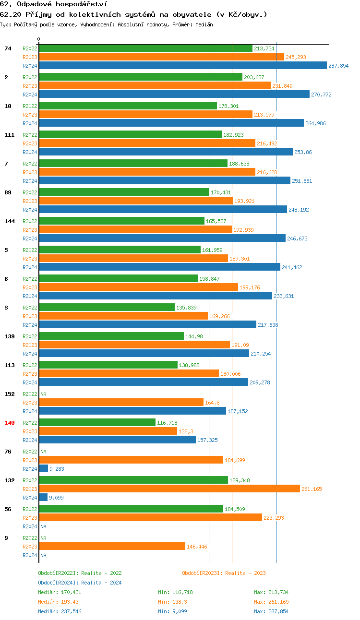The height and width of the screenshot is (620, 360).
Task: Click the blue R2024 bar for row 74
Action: [x=182, y=66]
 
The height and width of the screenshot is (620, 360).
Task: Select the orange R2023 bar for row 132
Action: [x=169, y=489]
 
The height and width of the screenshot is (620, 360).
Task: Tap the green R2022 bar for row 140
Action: [x=97, y=423]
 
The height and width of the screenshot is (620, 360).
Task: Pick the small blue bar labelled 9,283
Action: [x=43, y=469]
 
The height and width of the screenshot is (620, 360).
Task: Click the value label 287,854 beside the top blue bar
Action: [x=338, y=66]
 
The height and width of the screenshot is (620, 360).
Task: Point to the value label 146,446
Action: [x=197, y=547]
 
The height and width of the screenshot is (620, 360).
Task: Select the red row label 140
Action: [x=9, y=423]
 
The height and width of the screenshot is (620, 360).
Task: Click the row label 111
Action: [x=9, y=135]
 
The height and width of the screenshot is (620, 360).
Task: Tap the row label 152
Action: [x=9, y=394]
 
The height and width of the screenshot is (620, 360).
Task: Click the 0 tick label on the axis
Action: [x=39, y=39]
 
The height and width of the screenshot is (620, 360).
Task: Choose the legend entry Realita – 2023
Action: [x=224, y=573]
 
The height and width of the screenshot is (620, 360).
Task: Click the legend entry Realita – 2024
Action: [x=80, y=583]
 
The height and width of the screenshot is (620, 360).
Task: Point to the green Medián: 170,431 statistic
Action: [x=60, y=592]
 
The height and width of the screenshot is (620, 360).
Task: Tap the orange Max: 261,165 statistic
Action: [x=271, y=602]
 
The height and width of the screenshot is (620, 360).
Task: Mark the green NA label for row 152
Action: [x=43, y=394]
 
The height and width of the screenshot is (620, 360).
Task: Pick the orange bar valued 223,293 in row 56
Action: [x=150, y=518]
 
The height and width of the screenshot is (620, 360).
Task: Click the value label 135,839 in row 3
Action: [x=186, y=308]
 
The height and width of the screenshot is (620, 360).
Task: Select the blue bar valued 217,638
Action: [x=147, y=325]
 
